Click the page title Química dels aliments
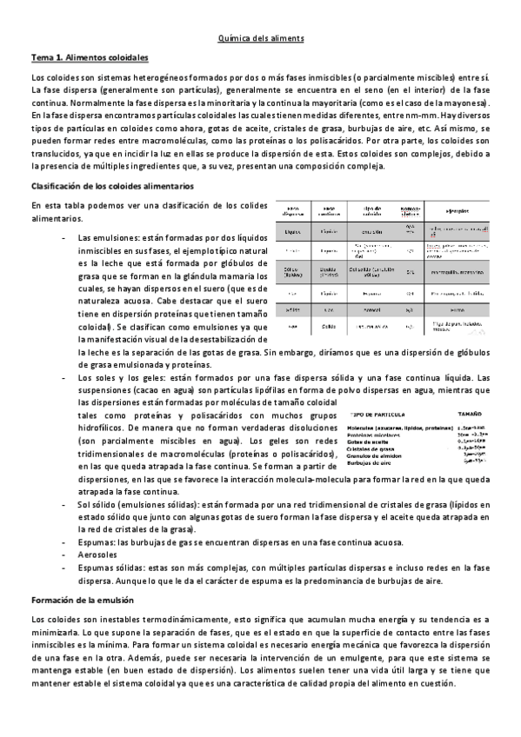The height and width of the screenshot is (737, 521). [260, 38]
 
